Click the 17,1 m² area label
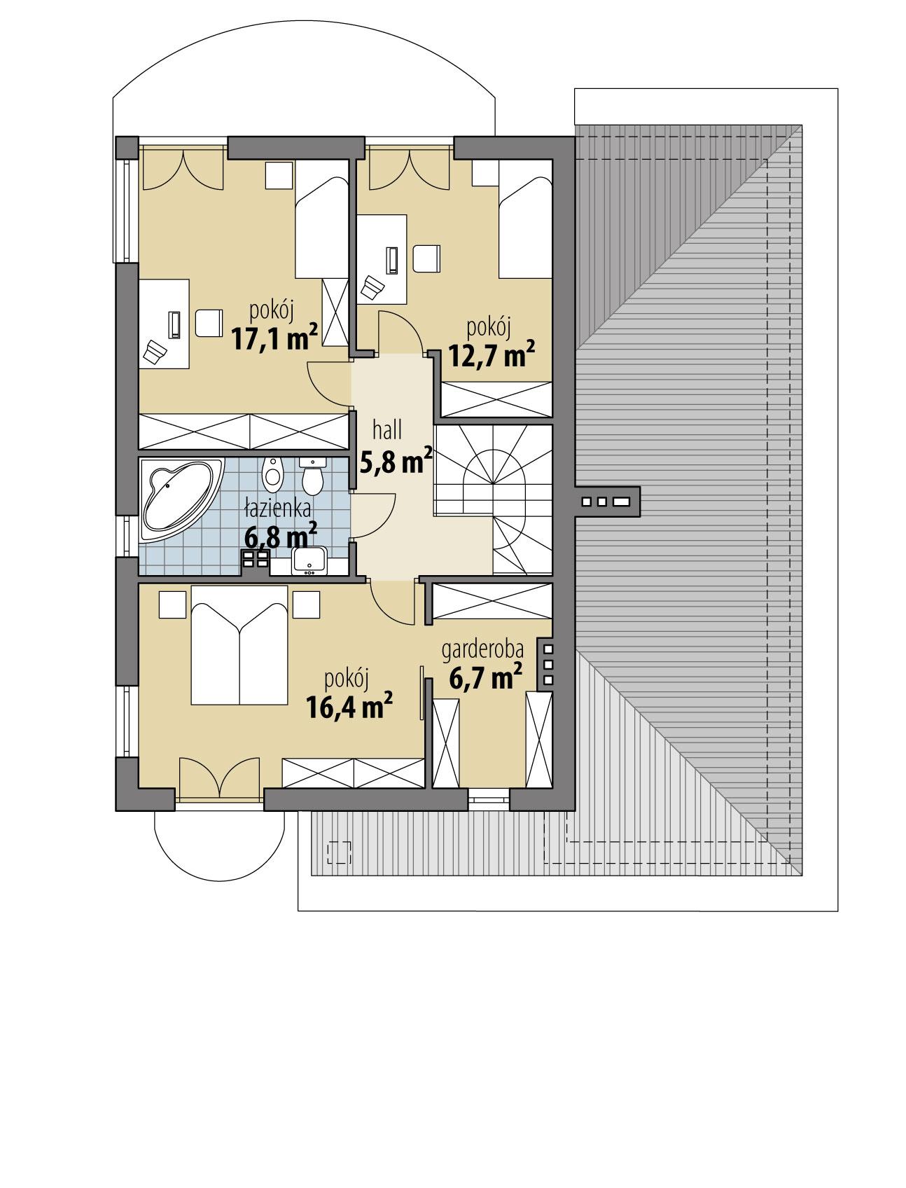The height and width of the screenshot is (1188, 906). [274, 338]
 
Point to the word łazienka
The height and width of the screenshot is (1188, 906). [277, 509]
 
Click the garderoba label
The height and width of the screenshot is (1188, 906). [482, 651]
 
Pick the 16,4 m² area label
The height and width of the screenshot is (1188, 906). [348, 706]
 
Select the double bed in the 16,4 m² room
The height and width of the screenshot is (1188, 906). [239, 644]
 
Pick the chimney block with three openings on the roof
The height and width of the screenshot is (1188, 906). [606, 502]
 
